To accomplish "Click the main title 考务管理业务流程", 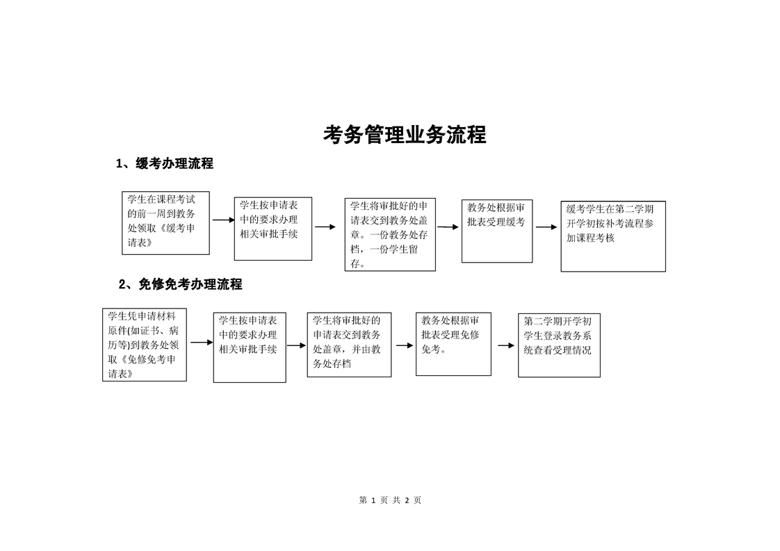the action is (405, 135).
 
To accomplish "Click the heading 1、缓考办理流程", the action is (165, 163).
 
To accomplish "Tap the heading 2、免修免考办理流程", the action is (181, 284).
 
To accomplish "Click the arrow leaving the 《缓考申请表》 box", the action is (223, 220).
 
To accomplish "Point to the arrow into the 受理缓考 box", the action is (448, 227).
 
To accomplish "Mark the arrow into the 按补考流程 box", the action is (546, 227).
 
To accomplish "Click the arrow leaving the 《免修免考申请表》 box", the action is (202, 342).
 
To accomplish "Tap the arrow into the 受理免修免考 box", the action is (405, 345).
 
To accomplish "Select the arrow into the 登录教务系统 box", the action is (506, 345).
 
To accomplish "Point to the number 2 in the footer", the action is (407, 500).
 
